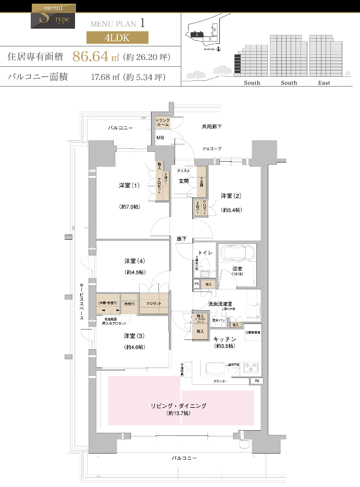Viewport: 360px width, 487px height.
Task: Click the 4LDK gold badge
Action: click(x=117, y=38)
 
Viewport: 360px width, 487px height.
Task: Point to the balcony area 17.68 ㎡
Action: click(x=105, y=78)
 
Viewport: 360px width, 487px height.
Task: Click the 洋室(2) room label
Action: click(x=230, y=196)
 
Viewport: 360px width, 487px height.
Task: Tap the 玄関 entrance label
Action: click(x=183, y=181)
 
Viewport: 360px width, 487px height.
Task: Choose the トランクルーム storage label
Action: click(x=163, y=123)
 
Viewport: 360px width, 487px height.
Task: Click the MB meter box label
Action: click(x=160, y=138)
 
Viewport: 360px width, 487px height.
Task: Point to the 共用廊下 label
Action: click(x=212, y=127)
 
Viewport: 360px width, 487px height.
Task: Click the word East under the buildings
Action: click(x=324, y=83)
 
